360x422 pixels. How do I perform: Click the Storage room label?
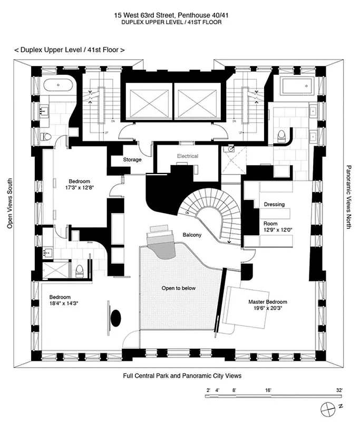(x=132, y=159)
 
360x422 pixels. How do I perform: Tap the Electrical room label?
(x=187, y=156)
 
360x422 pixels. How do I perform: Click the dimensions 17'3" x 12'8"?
(x=80, y=187)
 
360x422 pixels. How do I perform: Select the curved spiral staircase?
(x=211, y=214)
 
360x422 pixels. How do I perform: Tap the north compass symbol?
(x=328, y=408)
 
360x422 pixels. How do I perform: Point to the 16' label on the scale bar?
(x=269, y=390)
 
